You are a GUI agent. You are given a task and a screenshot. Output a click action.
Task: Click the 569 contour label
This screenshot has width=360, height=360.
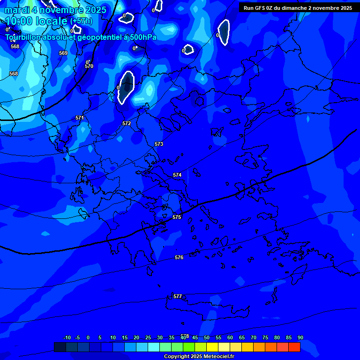tap(63, 53)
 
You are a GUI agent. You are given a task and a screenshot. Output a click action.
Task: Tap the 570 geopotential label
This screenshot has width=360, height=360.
tap(89, 66)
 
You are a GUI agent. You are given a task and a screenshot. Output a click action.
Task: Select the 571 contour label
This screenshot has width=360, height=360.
tap(80, 118)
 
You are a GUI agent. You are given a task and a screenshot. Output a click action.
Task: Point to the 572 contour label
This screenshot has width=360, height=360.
tap(127, 123)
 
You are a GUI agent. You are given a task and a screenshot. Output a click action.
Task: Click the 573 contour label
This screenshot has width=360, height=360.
tap(159, 144)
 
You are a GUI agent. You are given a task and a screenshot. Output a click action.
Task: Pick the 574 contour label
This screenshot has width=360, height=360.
tap(177, 175)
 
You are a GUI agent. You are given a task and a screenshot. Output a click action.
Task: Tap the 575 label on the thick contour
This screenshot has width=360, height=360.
tap(177, 217)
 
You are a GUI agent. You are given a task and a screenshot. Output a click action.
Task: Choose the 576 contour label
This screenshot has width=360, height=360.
tap(179, 257)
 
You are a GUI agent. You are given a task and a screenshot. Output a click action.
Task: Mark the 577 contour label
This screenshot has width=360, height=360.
tap(178, 296)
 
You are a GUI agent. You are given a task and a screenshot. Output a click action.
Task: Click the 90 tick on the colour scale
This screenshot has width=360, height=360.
tap(300, 337)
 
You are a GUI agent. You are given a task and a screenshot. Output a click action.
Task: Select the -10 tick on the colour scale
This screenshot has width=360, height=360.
tap(67, 337)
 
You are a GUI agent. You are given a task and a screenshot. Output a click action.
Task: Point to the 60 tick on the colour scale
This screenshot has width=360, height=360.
tap(230, 337)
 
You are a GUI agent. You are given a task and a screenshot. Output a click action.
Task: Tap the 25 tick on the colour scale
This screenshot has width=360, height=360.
tap(148, 337)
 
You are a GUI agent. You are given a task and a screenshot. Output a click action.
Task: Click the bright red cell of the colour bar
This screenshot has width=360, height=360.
tap(294, 347)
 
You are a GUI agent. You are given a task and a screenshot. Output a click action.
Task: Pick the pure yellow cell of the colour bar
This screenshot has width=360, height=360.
tap(212, 347)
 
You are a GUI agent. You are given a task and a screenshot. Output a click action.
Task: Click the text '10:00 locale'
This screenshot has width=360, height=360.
tap(36, 21)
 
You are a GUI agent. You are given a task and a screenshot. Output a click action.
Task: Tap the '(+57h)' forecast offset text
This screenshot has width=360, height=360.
tap(81, 21)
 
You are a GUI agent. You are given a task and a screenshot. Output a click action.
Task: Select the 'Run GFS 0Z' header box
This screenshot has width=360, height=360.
tap(298, 7)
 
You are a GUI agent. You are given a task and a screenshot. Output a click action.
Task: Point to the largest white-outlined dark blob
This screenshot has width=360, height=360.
tap(126, 87)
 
